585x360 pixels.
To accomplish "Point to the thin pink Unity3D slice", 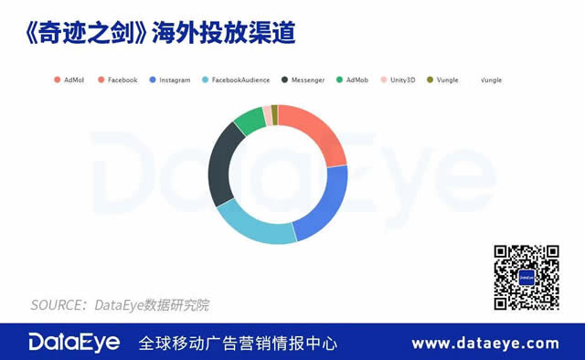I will [x=266, y=113].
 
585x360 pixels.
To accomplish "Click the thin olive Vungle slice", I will [x=273, y=111].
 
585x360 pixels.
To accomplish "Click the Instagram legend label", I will [x=175, y=80].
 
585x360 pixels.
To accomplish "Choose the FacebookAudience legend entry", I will [x=240, y=80].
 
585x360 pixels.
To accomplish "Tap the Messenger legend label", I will [x=307, y=80].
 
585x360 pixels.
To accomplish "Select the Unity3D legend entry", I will [x=403, y=80].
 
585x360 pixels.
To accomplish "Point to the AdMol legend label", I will [x=73, y=80].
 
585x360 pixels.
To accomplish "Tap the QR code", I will [x=526, y=277].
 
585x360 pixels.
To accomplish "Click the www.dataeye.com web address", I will [x=484, y=344].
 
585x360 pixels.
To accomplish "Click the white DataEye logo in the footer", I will [x=73, y=343].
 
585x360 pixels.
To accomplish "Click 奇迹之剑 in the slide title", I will [x=81, y=33].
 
